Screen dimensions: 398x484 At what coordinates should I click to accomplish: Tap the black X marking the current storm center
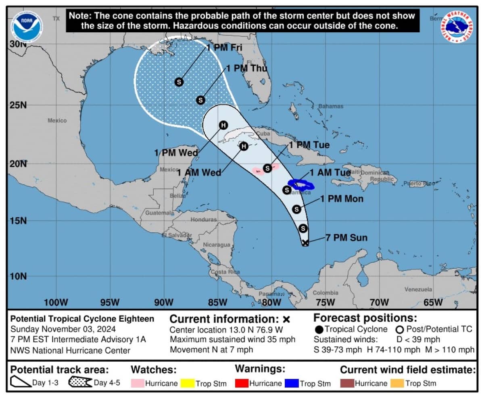click(x=305, y=242)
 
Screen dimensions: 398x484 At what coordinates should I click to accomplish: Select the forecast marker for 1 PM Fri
click(x=179, y=82)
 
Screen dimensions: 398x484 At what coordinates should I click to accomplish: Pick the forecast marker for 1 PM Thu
click(x=200, y=100)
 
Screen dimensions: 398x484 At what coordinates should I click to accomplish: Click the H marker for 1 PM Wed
click(x=223, y=125)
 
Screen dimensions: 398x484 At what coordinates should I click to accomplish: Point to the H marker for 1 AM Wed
click(x=243, y=146)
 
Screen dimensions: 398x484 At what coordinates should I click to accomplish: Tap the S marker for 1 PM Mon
click(x=296, y=209)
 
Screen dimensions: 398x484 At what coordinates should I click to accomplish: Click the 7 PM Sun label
click(x=346, y=238)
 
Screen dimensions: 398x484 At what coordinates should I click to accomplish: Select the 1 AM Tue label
click(x=330, y=173)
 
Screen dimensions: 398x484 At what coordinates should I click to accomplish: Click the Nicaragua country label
click(x=217, y=244)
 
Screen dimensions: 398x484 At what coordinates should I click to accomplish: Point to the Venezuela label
click(x=418, y=289)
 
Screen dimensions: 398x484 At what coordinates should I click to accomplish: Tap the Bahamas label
click(x=331, y=106)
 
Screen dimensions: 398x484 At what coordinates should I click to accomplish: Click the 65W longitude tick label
click(x=433, y=302)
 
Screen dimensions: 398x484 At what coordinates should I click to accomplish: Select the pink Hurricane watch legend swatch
click(x=137, y=383)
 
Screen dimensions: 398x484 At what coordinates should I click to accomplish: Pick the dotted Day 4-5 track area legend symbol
click(x=80, y=382)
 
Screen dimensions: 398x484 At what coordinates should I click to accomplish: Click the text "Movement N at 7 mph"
click(x=211, y=350)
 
